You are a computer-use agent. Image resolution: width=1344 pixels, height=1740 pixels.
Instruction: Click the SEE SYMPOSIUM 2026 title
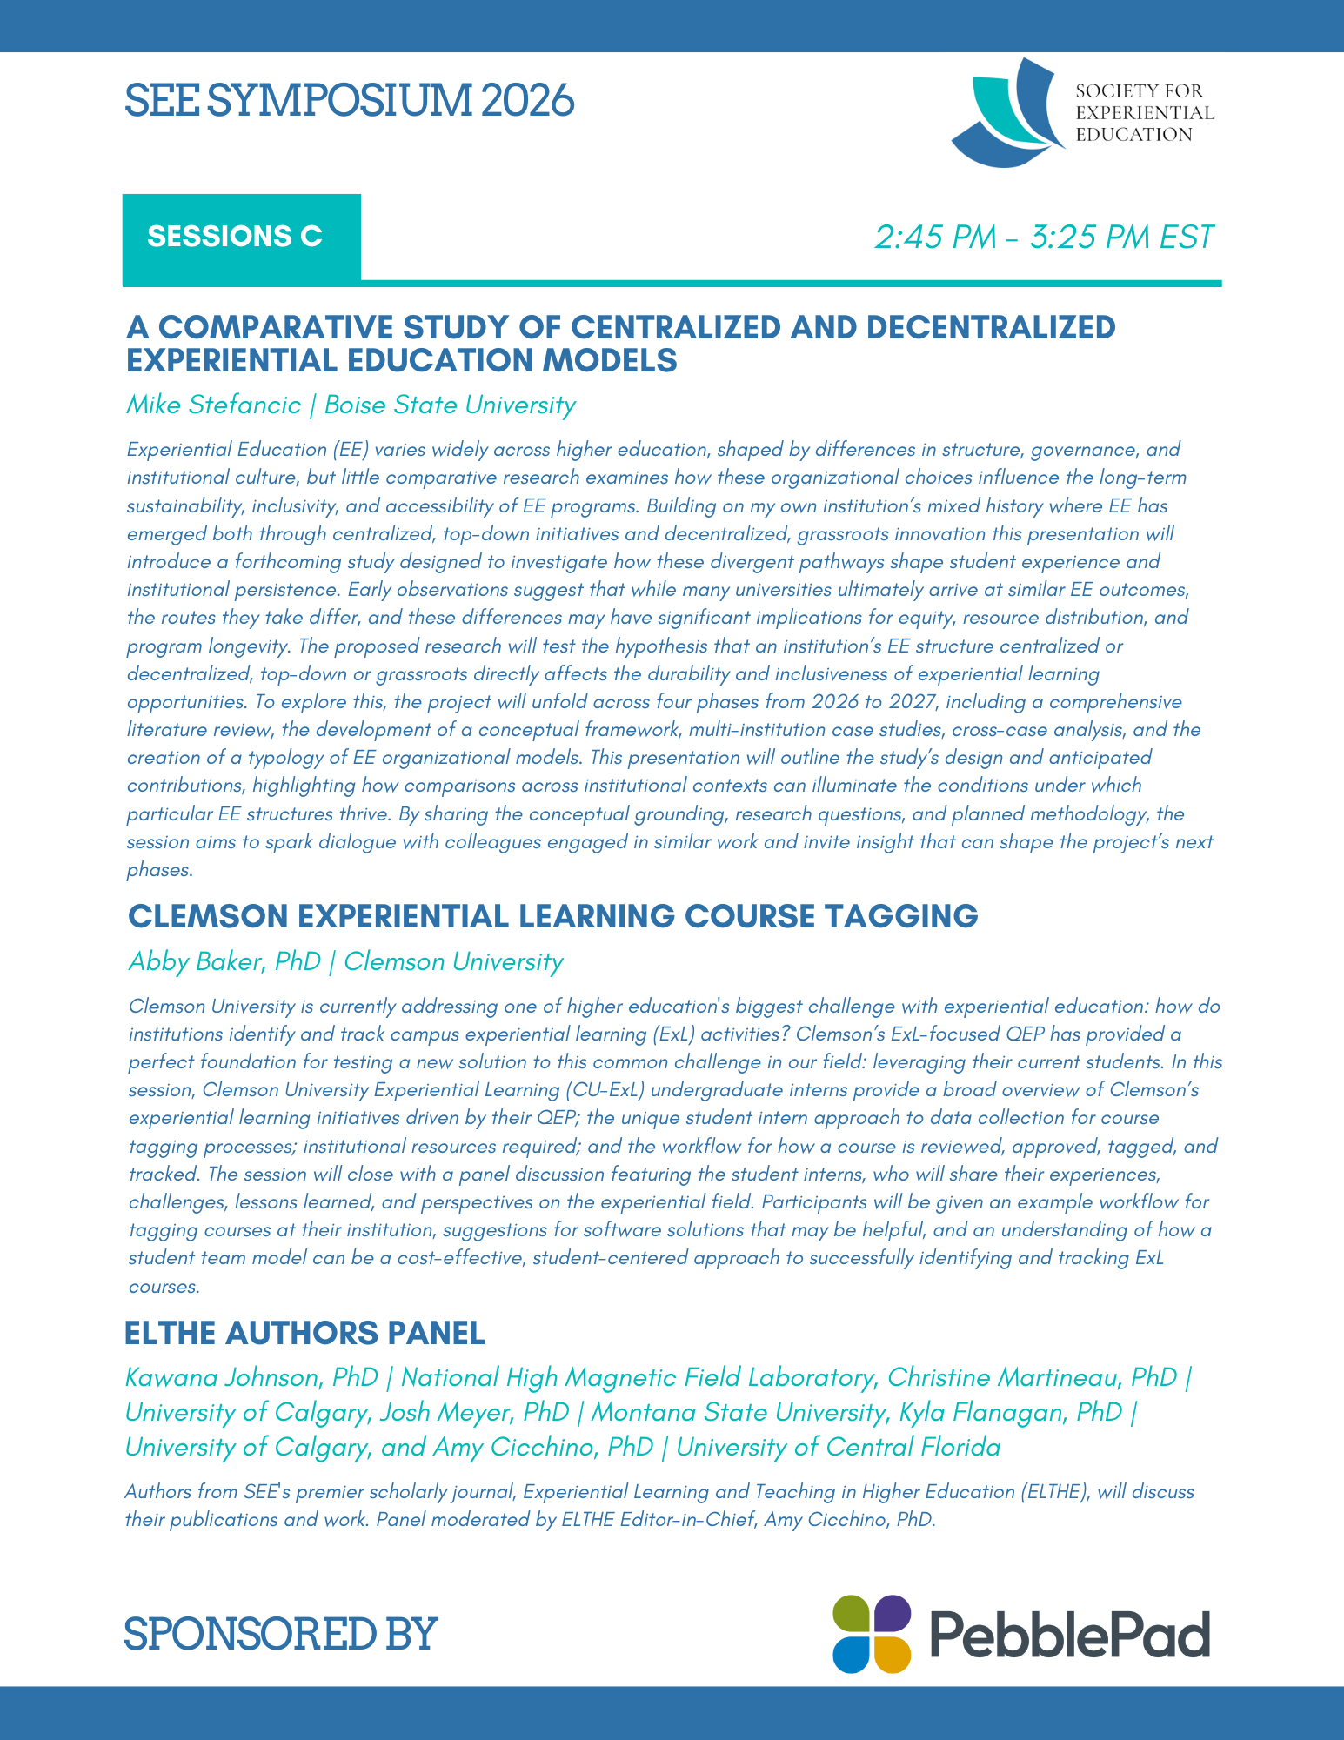[x=349, y=101]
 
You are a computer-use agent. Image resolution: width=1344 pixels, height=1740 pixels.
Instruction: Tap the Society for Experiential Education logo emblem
[x=1007, y=114]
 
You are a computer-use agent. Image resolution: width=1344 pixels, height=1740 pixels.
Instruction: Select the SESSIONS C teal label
[x=235, y=237]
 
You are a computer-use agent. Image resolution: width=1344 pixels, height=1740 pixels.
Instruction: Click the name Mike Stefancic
[x=214, y=405]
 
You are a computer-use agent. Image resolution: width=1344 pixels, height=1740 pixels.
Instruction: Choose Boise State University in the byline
[x=450, y=405]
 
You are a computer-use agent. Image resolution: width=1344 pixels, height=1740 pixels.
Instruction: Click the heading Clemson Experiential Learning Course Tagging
[x=553, y=916]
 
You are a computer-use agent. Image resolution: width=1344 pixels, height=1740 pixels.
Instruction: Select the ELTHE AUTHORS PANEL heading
[x=304, y=1332]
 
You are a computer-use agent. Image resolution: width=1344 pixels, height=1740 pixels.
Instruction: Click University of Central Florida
[x=838, y=1447]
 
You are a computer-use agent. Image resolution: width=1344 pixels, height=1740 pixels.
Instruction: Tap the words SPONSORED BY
[x=279, y=1633]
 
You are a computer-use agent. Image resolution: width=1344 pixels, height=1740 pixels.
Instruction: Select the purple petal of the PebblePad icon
[x=893, y=1614]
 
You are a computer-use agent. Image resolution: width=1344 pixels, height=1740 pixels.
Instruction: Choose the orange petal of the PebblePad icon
[x=893, y=1654]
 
